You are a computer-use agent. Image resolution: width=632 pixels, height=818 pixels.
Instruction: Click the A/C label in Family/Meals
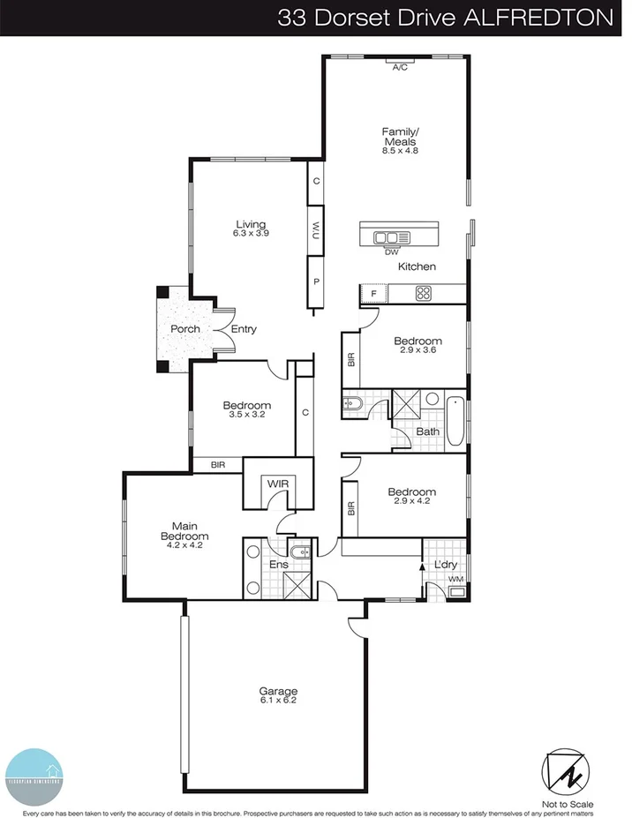pyautogui.click(x=399, y=66)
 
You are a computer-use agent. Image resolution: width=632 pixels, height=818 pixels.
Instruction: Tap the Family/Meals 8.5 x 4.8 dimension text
pyautogui.click(x=399, y=151)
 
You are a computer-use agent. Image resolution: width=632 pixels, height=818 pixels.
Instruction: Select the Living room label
pyautogui.click(x=250, y=224)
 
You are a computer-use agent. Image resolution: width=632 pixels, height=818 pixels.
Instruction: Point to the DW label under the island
pyautogui.click(x=391, y=251)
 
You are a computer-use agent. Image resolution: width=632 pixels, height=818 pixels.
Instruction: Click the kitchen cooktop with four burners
pyautogui.click(x=424, y=294)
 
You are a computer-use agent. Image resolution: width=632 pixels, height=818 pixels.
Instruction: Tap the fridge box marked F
pyautogui.click(x=373, y=294)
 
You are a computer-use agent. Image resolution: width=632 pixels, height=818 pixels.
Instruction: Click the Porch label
pyautogui.click(x=185, y=329)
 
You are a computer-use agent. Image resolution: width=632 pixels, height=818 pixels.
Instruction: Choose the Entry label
pyautogui.click(x=244, y=329)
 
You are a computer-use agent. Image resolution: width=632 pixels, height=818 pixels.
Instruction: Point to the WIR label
pyautogui.click(x=278, y=484)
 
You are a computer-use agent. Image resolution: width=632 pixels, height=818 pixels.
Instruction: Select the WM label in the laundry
pyautogui.click(x=456, y=579)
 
